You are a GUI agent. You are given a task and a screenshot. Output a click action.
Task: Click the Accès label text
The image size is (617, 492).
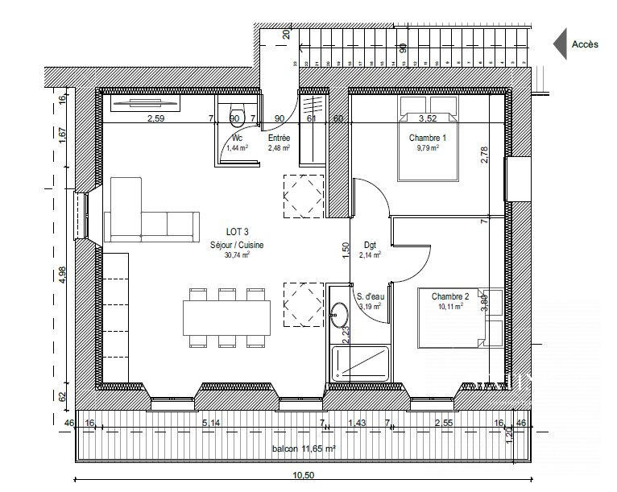[584, 45]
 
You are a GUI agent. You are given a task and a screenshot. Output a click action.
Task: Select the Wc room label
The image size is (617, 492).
[236, 139]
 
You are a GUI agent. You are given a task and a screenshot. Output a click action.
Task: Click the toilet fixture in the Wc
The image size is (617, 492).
[236, 112]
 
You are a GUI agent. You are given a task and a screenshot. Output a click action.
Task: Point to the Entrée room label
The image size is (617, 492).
[279, 139]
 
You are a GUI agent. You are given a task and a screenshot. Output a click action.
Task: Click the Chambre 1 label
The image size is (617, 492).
[427, 138]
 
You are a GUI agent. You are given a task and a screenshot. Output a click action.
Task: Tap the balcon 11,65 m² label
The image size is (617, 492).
[304, 449]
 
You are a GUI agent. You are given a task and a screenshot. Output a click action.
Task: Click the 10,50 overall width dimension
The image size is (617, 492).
[303, 476]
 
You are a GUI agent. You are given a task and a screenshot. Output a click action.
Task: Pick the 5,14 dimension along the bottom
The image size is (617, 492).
[211, 422]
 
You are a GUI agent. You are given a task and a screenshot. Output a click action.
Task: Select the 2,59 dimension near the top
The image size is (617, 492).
[155, 118]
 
